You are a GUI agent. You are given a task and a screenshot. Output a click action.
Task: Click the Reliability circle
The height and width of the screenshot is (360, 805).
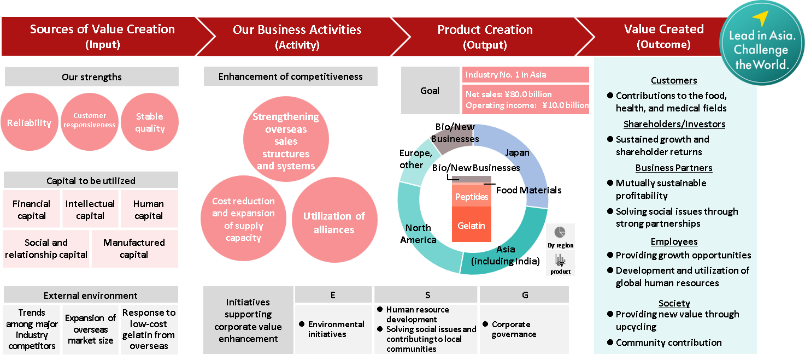pos(30,122)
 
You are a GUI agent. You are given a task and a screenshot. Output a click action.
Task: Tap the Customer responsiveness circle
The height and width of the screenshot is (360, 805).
pos(90,121)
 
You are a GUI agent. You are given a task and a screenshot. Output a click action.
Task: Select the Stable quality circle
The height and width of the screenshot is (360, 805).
pos(149,122)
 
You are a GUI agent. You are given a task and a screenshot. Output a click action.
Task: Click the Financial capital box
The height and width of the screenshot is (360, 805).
pos(32,209)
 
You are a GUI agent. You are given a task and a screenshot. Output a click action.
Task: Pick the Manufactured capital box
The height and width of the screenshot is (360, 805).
pos(134,249)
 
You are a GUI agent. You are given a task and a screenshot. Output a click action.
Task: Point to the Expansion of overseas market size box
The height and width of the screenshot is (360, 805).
pos(90,329)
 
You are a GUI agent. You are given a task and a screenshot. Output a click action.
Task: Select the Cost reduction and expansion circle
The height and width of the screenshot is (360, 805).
pos(243,220)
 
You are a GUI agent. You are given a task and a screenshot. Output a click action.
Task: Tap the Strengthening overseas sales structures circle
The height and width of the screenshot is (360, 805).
pos(286,140)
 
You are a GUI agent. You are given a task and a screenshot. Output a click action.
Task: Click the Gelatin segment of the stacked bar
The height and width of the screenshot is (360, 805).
pos(471,225)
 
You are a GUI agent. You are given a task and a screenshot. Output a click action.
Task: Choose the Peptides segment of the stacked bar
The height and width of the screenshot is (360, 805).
pos(471,197)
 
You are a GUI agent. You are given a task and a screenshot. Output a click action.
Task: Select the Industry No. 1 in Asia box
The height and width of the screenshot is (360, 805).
pos(526,74)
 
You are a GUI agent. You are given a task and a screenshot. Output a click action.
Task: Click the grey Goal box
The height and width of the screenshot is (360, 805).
pos(430,90)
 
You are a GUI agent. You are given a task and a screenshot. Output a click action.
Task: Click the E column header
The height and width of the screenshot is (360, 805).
pos(333,295)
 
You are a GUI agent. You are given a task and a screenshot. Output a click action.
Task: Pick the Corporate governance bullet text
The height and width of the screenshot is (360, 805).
pos(513,329)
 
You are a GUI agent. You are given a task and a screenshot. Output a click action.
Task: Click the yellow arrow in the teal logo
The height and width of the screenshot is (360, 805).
pos(761,18)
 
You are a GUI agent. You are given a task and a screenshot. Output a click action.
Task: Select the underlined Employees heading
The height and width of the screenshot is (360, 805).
pos(674,241)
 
